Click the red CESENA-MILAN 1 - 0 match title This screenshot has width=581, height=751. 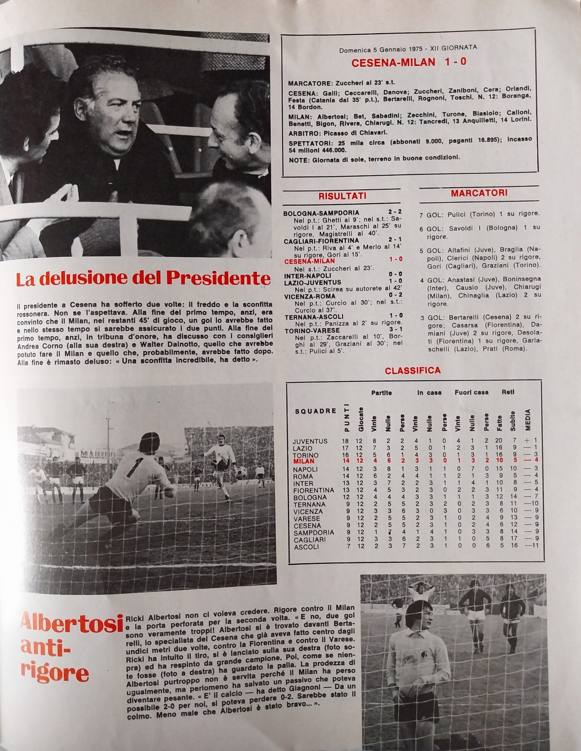409,62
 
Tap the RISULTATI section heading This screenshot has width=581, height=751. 342,196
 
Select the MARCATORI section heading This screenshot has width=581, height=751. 479,193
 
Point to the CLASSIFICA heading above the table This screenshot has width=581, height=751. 412,370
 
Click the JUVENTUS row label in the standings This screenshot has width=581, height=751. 310,441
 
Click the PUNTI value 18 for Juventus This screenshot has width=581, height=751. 346,441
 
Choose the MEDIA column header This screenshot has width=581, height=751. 528,420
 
